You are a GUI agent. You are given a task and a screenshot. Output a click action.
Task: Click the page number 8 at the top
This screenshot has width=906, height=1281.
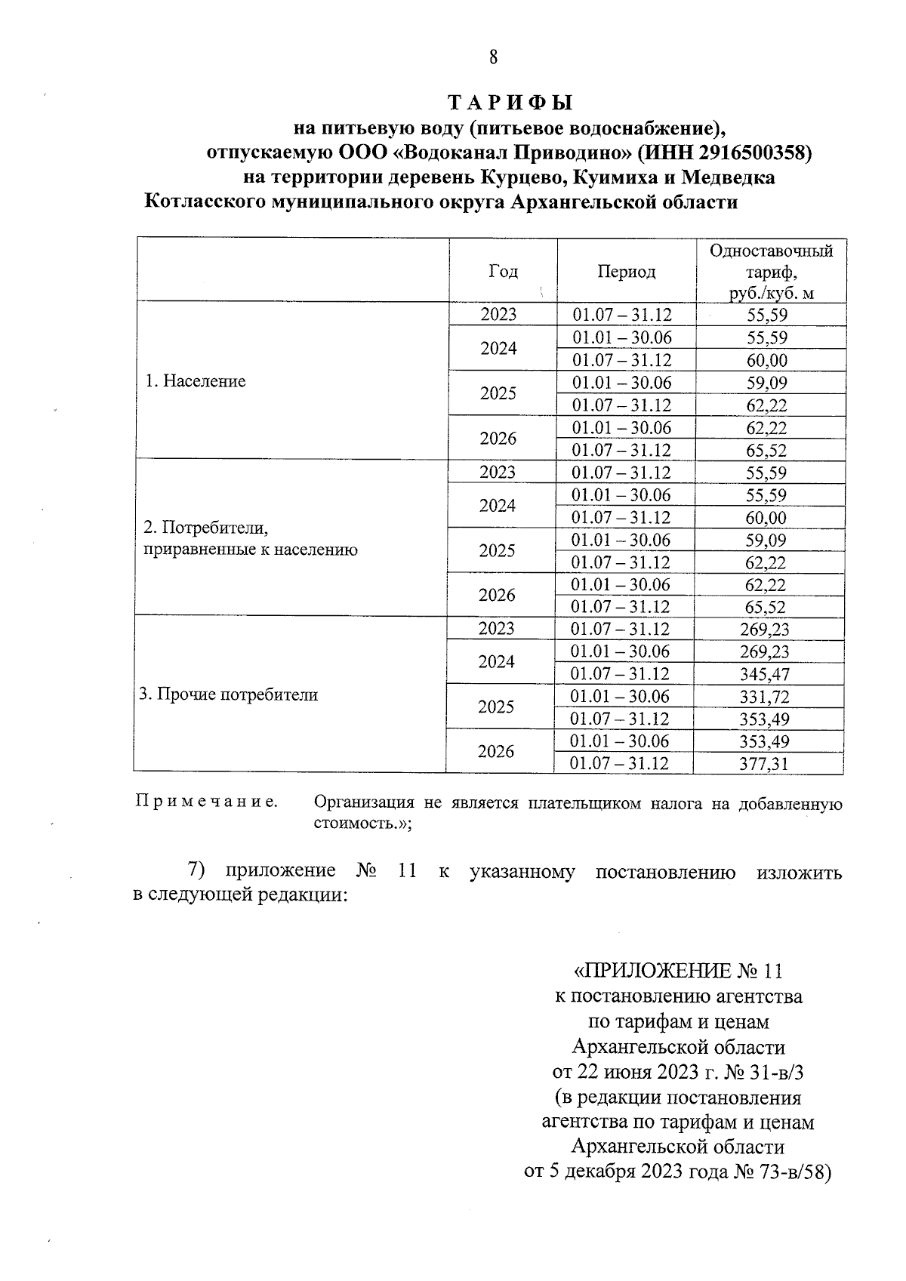(x=494, y=57)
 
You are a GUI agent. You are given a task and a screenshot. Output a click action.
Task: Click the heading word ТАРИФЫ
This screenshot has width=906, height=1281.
(x=510, y=103)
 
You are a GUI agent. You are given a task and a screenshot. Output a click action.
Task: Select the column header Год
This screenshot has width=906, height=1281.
(x=503, y=271)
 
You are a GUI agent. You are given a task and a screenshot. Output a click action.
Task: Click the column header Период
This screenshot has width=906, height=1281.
(x=626, y=272)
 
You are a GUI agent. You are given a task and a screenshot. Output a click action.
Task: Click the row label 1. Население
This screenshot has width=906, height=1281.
(x=196, y=381)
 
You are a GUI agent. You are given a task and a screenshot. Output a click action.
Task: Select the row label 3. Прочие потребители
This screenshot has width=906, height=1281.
(x=228, y=694)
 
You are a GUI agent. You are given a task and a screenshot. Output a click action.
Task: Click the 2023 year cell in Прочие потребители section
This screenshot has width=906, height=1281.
(x=498, y=629)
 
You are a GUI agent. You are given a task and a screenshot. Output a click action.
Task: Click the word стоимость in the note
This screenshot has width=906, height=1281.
(x=351, y=823)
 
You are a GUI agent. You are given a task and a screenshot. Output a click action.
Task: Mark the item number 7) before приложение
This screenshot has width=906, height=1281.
(x=197, y=870)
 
